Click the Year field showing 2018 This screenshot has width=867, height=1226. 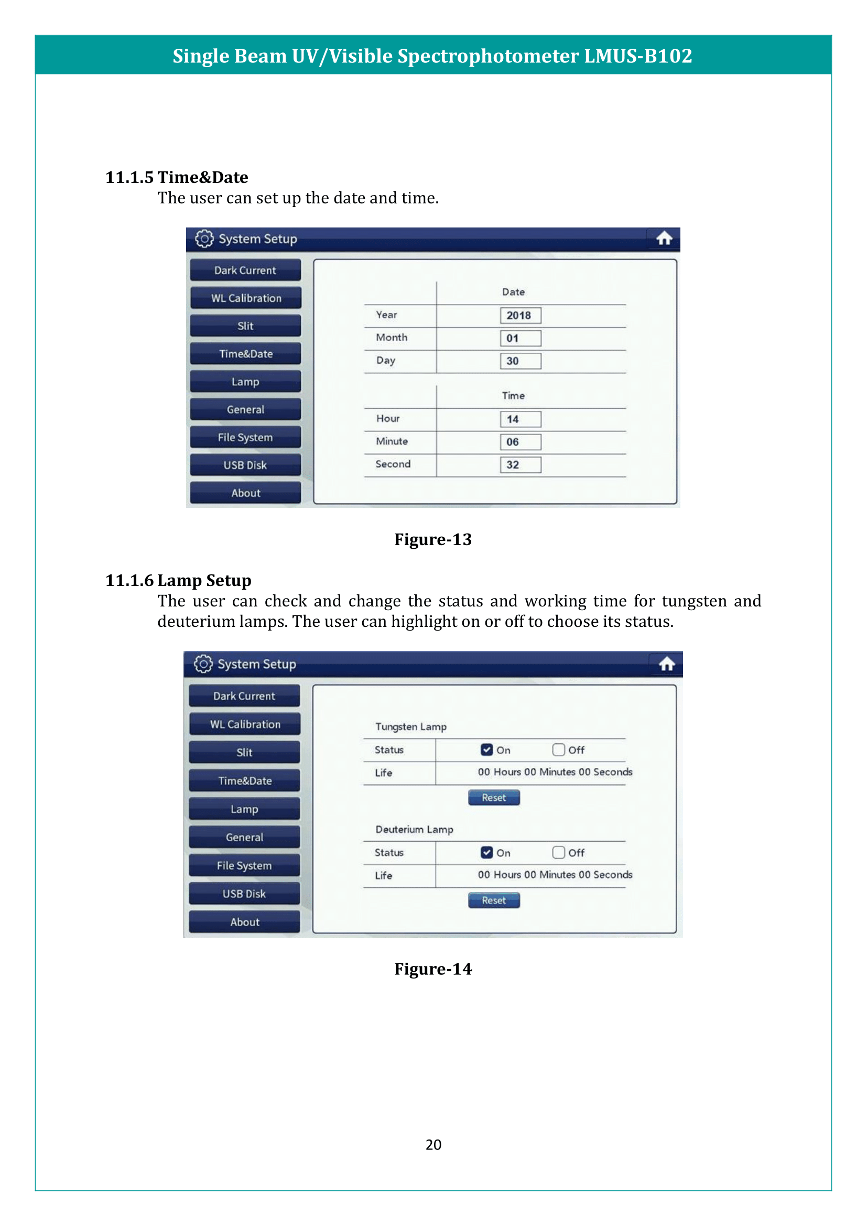pyautogui.click(x=520, y=316)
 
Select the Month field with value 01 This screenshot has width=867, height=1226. pyautogui.click(x=520, y=338)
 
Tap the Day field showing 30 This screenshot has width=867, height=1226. pyautogui.click(x=520, y=361)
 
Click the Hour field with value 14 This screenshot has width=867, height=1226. pyautogui.click(x=520, y=419)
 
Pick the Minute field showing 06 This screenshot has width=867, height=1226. pyautogui.click(x=520, y=442)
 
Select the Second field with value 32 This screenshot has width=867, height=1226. pyautogui.click(x=520, y=464)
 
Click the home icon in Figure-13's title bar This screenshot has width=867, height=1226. pyautogui.click(x=664, y=238)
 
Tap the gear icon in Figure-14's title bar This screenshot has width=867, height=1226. pyautogui.click(x=203, y=664)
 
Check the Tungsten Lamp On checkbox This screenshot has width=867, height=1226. pyautogui.click(x=486, y=750)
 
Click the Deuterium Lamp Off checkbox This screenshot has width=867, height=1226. pyautogui.click(x=558, y=852)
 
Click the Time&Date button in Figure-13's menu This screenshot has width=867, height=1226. pyautogui.click(x=245, y=353)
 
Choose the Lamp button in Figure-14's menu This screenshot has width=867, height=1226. pyautogui.click(x=244, y=809)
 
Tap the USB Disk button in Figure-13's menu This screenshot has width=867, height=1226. pyautogui.click(x=245, y=465)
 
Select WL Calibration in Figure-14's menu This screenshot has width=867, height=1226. pyautogui.click(x=244, y=724)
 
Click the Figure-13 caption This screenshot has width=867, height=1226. pyautogui.click(x=433, y=539)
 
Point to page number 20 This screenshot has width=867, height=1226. pyautogui.click(x=433, y=1144)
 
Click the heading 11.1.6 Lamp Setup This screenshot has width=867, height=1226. pyautogui.click(x=178, y=580)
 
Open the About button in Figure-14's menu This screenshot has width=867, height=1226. pyautogui.click(x=244, y=922)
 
